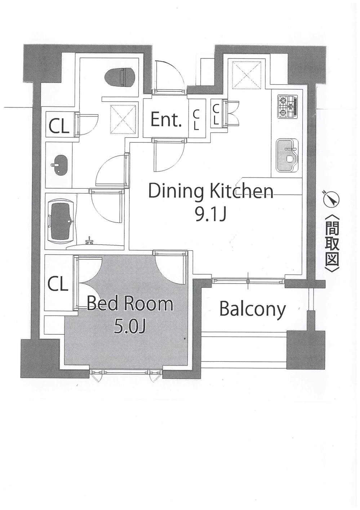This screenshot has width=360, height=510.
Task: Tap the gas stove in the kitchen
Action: tap(288, 107)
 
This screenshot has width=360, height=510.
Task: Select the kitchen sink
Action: tap(288, 155)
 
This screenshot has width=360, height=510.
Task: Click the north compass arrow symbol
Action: tap(331, 199)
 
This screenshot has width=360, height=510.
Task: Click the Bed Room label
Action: tap(130, 304)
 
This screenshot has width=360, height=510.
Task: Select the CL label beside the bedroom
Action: tap(58, 285)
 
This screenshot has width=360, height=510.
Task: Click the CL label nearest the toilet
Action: tap(59, 127)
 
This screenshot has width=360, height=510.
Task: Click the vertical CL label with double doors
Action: tap(216, 114)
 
